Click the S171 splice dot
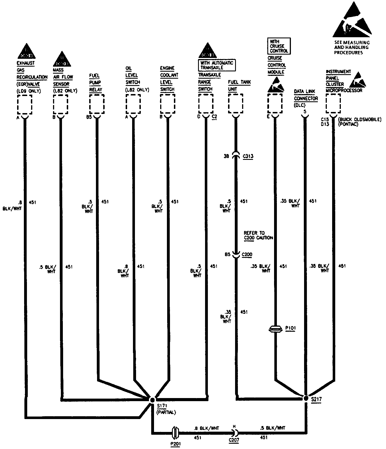point(152,400)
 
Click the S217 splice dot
point(306,398)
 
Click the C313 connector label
point(248,156)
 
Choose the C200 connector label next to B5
point(247,254)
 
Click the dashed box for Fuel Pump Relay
point(97,104)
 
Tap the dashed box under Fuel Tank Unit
point(236,104)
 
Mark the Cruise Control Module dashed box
point(275,104)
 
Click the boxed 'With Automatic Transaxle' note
point(217,65)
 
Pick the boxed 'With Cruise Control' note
point(279,46)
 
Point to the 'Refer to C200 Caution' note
point(258,235)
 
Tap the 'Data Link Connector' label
point(306,95)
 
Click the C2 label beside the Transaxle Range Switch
point(214,117)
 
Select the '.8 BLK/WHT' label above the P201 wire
point(206,428)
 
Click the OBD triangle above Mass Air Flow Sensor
point(62,60)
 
